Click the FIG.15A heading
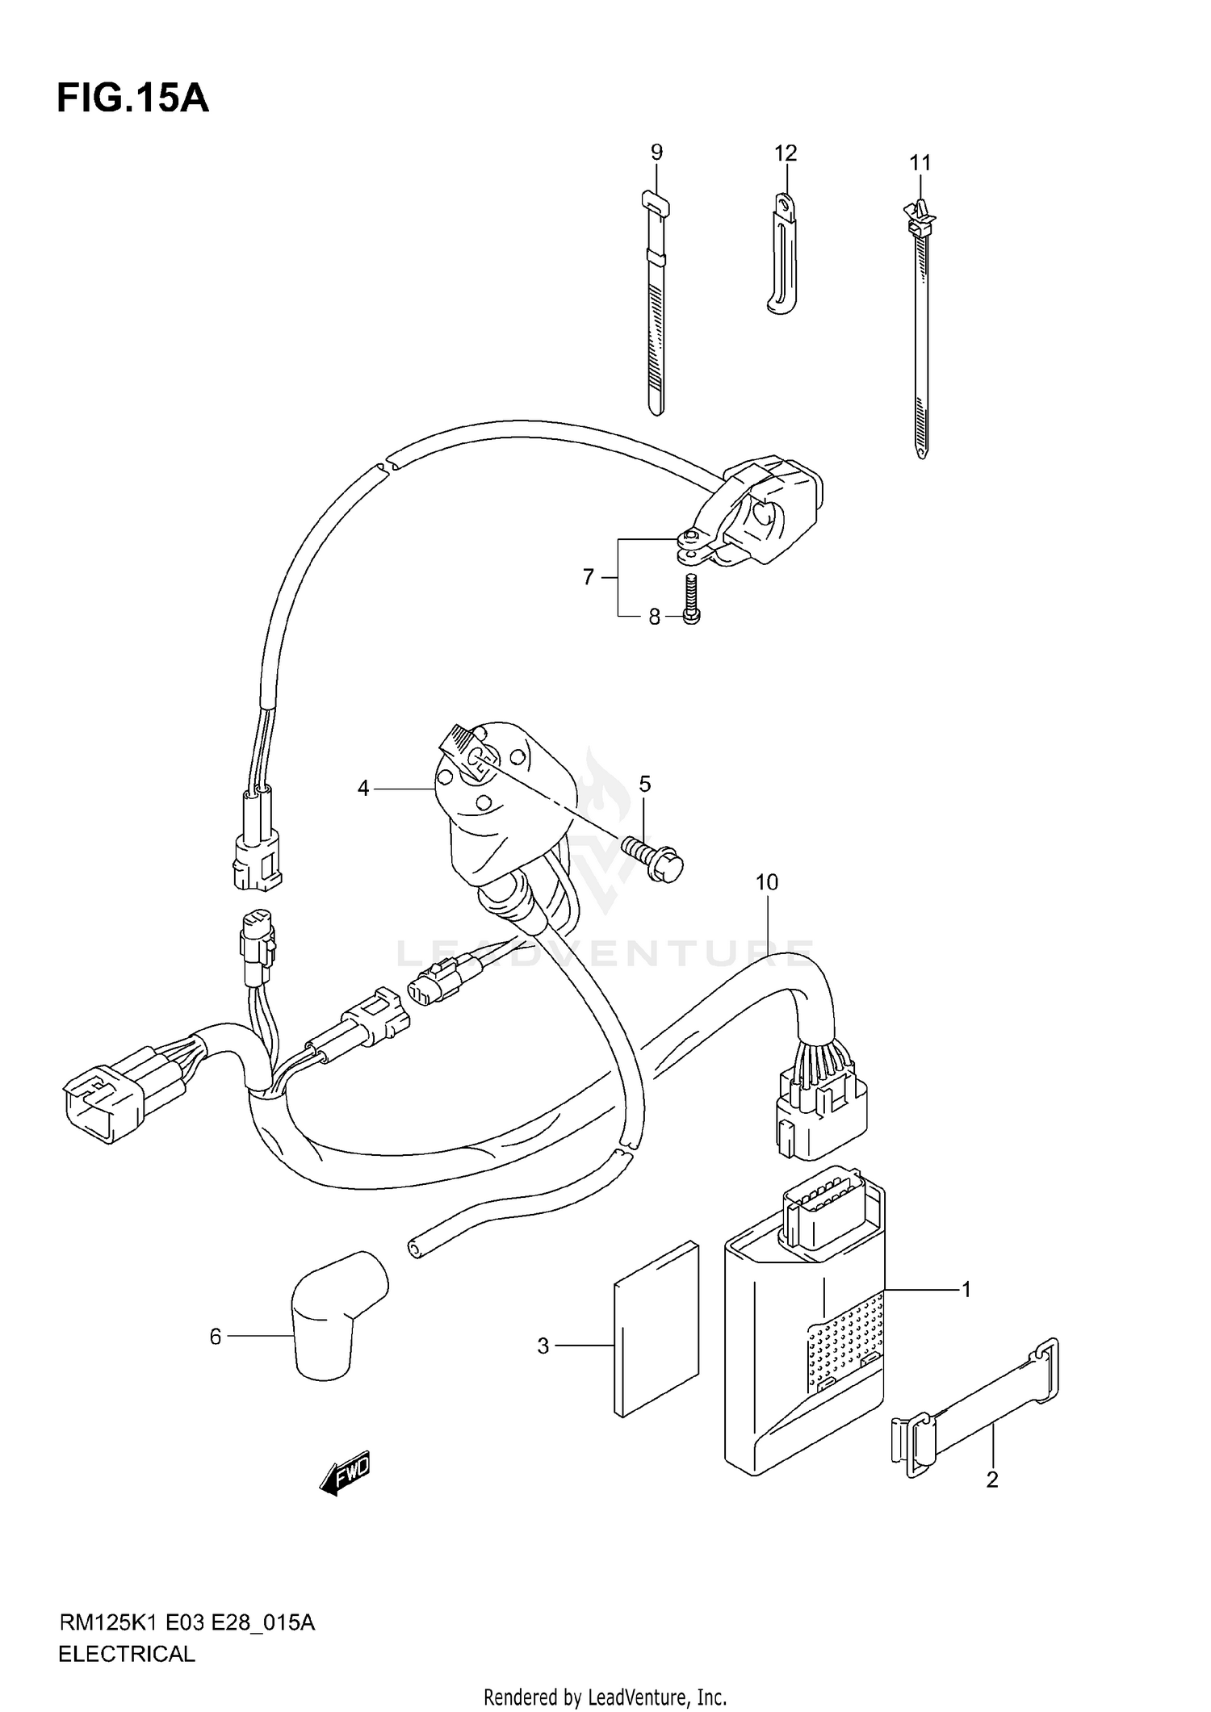pos(132,98)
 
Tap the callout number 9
pos(656,152)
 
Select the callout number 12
pos(785,153)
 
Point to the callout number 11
pos(920,162)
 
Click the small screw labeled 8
pos(691,598)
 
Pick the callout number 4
pos(363,788)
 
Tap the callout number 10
pos(766,882)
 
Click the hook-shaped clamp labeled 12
pos(781,254)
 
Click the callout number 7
pos(588,576)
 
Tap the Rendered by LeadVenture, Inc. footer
pos(605,1697)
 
